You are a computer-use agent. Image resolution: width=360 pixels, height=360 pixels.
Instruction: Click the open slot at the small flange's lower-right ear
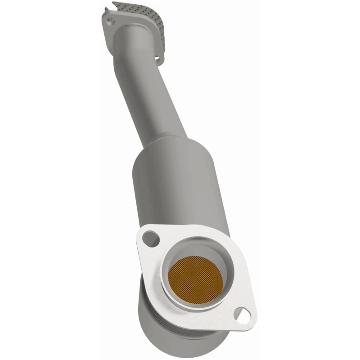click(158, 57)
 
